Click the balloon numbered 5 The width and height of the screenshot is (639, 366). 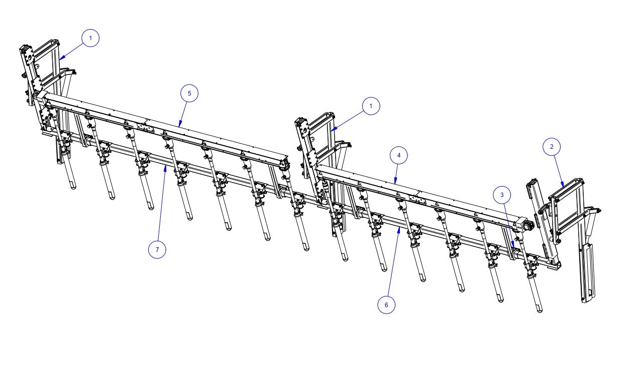click(189, 94)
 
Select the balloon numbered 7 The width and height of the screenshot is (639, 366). click(157, 249)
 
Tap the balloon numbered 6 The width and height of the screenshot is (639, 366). click(386, 305)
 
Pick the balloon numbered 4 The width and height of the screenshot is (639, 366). click(399, 155)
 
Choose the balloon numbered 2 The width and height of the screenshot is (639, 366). click(552, 146)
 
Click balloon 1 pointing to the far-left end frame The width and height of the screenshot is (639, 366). click(90, 38)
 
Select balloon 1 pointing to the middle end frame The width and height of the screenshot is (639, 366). click(371, 106)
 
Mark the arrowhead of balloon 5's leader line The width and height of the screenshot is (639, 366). click(178, 126)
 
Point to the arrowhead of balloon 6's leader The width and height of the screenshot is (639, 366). click(399, 228)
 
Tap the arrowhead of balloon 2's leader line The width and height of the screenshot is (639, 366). click(565, 187)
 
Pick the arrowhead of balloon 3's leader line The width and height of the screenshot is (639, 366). click(513, 245)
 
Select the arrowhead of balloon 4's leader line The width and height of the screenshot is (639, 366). click(394, 184)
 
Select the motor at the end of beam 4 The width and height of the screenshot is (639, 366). click(527, 226)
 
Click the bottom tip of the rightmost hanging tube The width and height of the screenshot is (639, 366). click(540, 310)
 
